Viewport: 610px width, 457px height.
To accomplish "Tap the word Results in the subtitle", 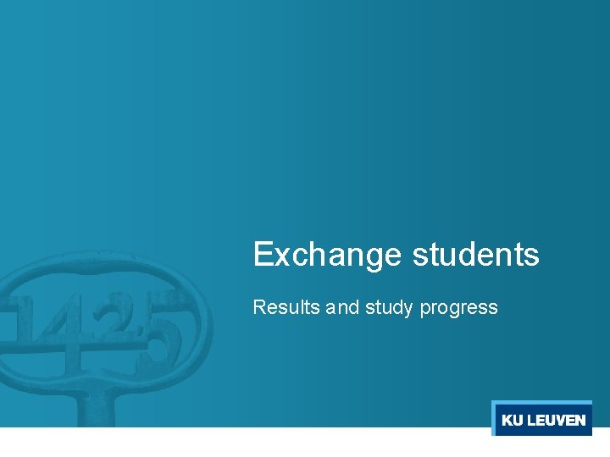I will [x=286, y=307].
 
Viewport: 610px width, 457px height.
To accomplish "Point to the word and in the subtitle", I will [x=342, y=307].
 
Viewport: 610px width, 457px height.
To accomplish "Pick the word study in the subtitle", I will [x=390, y=308].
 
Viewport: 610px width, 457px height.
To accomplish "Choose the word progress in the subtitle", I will [x=458, y=309].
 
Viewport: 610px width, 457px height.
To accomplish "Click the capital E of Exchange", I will [x=263, y=254].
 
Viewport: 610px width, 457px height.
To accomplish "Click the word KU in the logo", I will [x=512, y=421].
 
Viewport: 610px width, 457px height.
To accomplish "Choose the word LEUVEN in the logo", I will [x=556, y=421].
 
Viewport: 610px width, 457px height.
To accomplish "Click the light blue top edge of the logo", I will [x=541, y=402].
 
